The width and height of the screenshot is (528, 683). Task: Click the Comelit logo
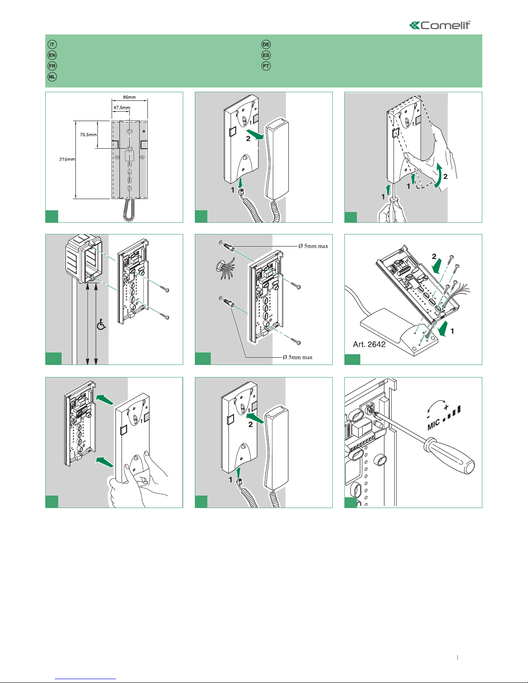[440, 25]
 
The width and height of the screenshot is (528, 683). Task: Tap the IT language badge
[52, 44]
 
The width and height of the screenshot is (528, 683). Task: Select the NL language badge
[52, 77]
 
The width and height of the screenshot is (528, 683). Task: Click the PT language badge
[266, 66]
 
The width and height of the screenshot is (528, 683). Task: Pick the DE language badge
[266, 44]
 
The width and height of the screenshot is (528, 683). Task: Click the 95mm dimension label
[129, 97]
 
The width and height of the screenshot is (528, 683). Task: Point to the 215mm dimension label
[67, 159]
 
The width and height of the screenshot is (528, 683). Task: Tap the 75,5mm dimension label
[88, 135]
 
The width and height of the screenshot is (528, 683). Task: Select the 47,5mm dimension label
[122, 108]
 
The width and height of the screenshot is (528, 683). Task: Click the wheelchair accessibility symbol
[101, 324]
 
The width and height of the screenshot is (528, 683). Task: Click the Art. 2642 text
[369, 344]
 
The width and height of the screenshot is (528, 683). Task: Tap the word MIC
[434, 424]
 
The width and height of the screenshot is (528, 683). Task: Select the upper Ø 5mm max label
[313, 246]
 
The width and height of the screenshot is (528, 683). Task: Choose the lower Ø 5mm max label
[297, 357]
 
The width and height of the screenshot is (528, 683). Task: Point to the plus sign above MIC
[446, 407]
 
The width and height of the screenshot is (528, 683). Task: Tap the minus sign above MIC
[428, 417]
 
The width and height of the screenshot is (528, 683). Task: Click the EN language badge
[52, 55]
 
